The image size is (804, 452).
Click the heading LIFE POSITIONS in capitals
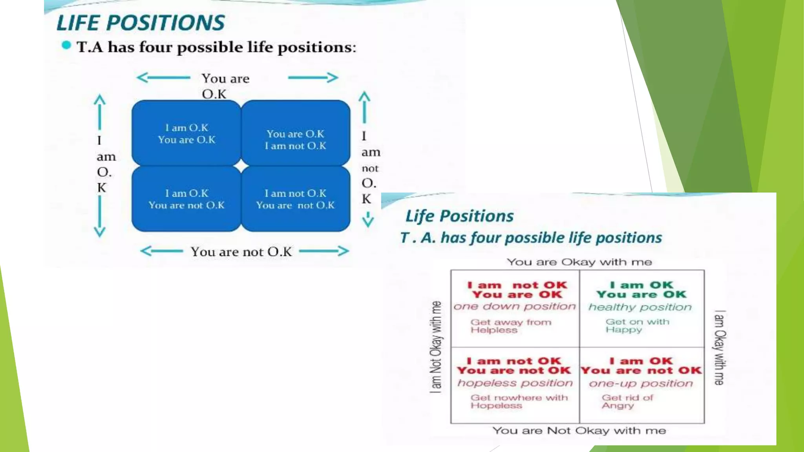[x=141, y=23]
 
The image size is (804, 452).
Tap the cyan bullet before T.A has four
[x=66, y=46]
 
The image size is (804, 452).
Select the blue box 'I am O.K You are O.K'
[x=186, y=133]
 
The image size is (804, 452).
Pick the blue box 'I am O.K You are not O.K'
[x=186, y=199]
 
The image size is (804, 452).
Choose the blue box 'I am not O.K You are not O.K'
[x=296, y=199]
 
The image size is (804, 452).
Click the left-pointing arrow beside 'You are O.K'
[x=163, y=78]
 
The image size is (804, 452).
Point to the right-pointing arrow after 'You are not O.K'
[x=324, y=251]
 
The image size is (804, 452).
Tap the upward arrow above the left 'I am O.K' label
[x=100, y=112]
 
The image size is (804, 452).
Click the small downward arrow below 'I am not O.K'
[x=368, y=220]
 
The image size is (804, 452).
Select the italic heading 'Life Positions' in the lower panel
[x=459, y=216]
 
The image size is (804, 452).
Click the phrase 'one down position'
[x=515, y=306]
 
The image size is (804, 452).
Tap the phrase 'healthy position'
[x=640, y=307]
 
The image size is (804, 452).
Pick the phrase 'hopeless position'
[x=515, y=383]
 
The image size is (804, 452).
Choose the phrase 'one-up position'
[x=641, y=383]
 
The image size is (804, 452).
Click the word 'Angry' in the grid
[x=618, y=406]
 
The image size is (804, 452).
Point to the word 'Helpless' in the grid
[x=494, y=330]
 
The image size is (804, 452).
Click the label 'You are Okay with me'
[x=579, y=262]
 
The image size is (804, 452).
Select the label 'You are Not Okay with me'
[x=579, y=431]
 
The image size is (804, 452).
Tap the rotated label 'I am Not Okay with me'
[x=436, y=347]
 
